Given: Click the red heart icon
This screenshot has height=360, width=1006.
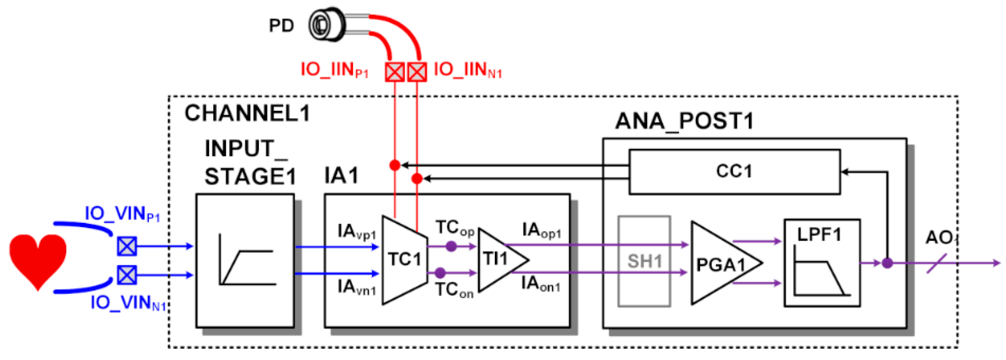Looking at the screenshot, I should pos(38,260).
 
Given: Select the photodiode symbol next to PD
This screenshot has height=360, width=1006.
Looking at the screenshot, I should pos(326,24).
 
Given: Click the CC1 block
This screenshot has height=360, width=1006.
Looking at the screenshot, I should pos(734,171).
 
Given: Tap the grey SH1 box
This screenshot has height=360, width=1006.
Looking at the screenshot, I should pos(644,261).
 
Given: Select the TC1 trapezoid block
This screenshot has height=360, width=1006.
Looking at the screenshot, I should pos(404,260).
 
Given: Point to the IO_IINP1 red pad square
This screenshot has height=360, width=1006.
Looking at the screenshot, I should pos(395,72).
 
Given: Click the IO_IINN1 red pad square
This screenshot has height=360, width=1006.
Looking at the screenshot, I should pos(417,72).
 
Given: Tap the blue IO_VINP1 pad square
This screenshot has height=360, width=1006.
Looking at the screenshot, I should pos(127,246).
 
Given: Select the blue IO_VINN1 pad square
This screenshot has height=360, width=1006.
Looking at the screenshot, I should pos(127,275).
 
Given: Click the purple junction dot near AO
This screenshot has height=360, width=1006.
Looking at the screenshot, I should pos(887,263).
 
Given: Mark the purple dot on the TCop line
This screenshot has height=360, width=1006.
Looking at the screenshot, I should pos(451,246).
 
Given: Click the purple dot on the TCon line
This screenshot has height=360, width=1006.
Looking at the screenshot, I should pos(440,272).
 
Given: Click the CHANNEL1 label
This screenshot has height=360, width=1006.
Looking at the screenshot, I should pos(247,114).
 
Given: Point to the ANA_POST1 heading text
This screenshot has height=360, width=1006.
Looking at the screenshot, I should pos(684,121).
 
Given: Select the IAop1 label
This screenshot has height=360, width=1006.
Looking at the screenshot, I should pos(541,231).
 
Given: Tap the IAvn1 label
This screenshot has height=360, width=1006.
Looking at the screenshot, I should pos(356,288).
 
